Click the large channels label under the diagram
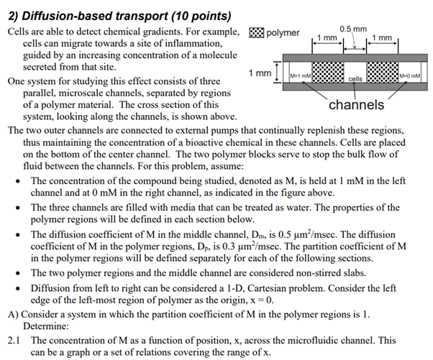(x=356, y=105)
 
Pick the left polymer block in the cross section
(x=327, y=74)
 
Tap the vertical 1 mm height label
(x=260, y=74)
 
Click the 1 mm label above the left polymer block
(x=328, y=37)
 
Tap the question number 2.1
(x=14, y=339)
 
